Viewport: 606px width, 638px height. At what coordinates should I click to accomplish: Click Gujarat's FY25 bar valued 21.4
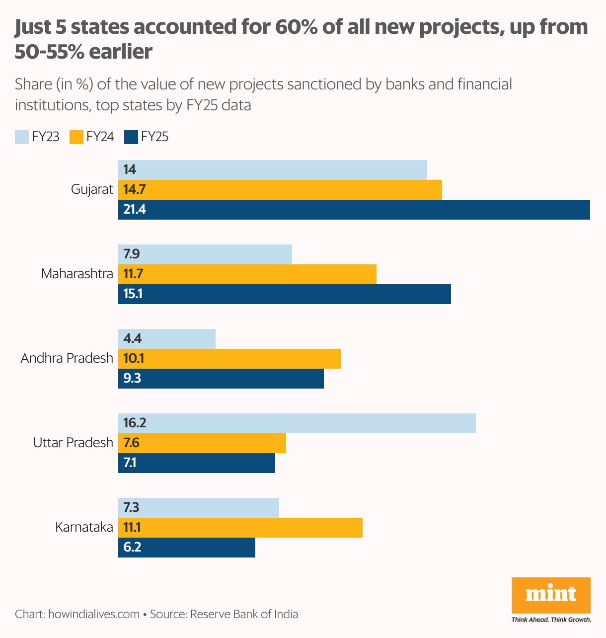click(354, 210)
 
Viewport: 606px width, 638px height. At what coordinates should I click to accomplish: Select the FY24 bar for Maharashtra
click(247, 274)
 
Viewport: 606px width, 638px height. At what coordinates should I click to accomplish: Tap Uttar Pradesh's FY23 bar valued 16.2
click(297, 423)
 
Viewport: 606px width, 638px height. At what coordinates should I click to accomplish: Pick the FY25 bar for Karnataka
click(186, 548)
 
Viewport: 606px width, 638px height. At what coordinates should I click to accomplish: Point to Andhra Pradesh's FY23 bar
click(166, 339)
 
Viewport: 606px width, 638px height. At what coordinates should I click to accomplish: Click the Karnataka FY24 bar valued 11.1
click(240, 528)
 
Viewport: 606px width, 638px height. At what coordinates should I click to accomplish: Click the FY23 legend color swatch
click(22, 137)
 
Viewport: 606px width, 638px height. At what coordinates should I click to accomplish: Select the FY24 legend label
click(100, 137)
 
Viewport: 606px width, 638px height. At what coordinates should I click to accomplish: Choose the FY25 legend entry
click(147, 137)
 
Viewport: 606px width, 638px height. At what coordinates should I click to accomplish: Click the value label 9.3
click(132, 379)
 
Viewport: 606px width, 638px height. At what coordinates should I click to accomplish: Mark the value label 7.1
click(130, 463)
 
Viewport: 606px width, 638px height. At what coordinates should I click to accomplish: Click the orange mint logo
click(551, 595)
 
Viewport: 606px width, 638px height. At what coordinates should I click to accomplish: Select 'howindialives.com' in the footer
click(93, 614)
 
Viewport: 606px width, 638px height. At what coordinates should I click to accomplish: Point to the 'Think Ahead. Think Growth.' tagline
click(551, 620)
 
